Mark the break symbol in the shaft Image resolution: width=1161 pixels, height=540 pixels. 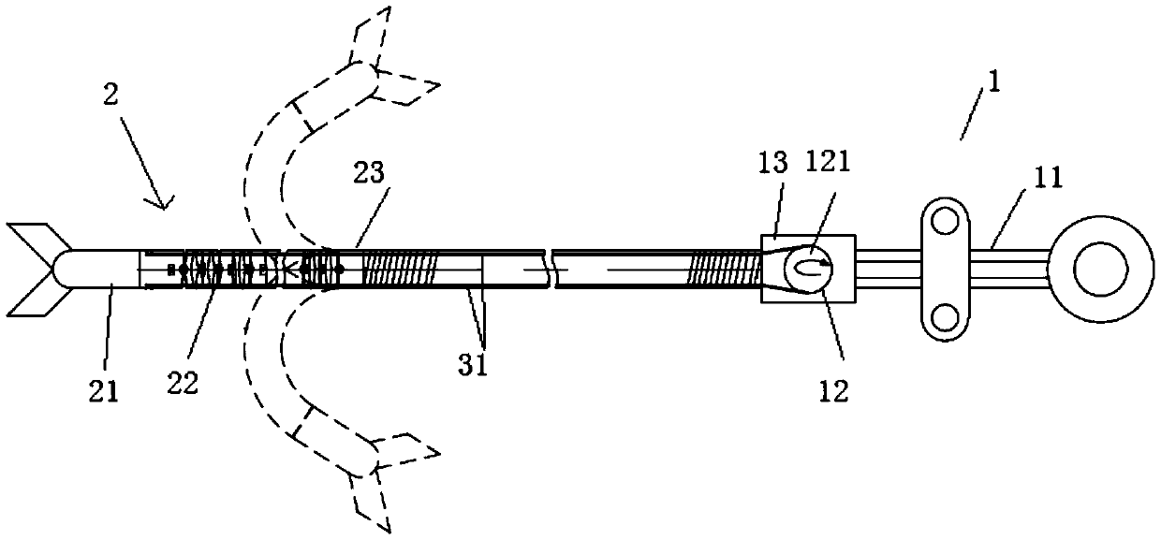click(x=553, y=270)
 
